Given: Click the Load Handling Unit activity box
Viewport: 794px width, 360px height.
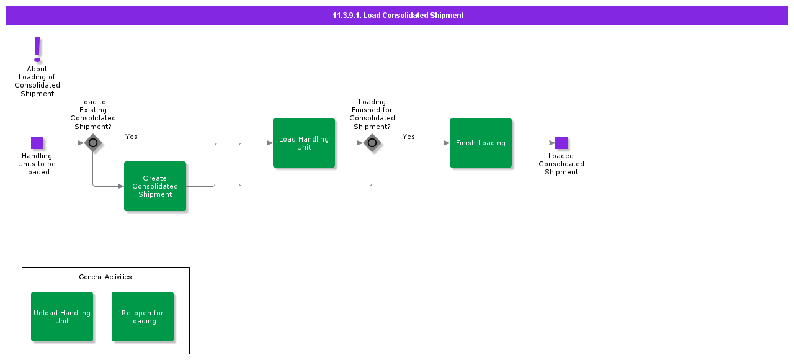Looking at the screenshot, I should [x=304, y=143].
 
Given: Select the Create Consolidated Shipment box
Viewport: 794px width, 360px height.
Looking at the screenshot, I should [x=155, y=186].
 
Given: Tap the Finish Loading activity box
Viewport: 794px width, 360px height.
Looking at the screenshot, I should [x=481, y=143].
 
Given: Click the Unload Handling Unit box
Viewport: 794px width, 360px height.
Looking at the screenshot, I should [x=62, y=317].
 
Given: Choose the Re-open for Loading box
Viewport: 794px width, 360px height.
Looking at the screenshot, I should [x=143, y=317].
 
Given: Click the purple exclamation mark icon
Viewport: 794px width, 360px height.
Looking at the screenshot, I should [x=37, y=49].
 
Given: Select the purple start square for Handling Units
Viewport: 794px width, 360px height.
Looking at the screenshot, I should [x=37, y=143].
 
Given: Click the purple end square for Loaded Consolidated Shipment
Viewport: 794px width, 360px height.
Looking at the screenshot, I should [x=561, y=143].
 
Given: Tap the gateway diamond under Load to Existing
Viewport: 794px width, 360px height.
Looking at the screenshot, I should [x=93, y=143].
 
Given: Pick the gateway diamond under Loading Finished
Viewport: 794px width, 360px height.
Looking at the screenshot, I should [x=372, y=143].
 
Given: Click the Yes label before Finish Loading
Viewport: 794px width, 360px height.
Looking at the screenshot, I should [x=408, y=137].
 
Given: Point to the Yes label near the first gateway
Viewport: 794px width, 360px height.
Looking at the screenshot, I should [x=132, y=137].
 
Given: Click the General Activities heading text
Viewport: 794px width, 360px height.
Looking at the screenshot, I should [x=105, y=277].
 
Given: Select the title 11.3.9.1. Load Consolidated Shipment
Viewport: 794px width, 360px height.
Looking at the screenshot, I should [x=398, y=16].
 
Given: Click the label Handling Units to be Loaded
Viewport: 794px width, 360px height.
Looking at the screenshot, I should [x=37, y=164].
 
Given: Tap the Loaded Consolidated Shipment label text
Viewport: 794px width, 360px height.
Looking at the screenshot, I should [x=561, y=164].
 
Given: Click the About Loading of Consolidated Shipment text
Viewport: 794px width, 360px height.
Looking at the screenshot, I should [x=37, y=81].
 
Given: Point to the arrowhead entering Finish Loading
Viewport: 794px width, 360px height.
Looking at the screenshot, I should [x=446, y=143].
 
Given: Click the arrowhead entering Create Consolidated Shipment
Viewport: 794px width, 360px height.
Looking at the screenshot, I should [x=120, y=186].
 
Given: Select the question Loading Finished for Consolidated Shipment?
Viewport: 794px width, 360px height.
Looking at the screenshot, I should [x=372, y=114].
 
